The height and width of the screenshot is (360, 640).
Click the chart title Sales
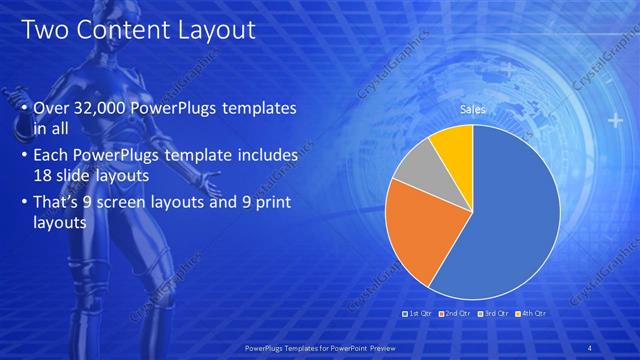[x=472, y=109]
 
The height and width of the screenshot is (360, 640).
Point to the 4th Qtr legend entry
[x=530, y=313]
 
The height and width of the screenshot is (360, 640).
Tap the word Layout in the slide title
[x=212, y=30]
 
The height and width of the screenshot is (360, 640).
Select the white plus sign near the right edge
[x=613, y=121]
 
